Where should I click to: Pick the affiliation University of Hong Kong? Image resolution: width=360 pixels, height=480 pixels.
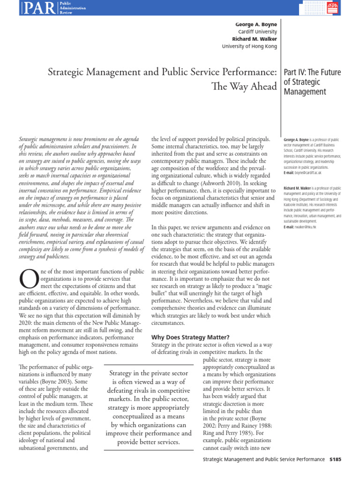pyautogui.click(x=249, y=46)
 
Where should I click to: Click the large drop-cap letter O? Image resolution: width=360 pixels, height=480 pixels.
pyautogui.click(x=26, y=279)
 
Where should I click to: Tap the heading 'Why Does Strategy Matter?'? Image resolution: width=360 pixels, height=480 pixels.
pyautogui.click(x=190, y=337)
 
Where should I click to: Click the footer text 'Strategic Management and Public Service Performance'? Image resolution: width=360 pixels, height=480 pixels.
pyautogui.click(x=263, y=459)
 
